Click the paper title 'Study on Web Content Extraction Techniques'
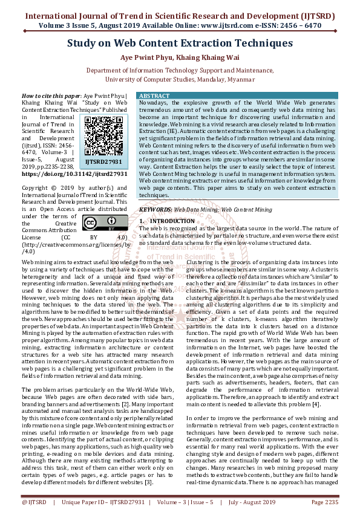(x=180, y=44)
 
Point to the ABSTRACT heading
(x=154, y=96)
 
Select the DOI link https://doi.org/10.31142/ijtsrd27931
(x=74, y=173)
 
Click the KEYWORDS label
(x=155, y=209)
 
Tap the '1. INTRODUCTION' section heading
(x=167, y=221)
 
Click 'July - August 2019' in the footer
(x=253, y=502)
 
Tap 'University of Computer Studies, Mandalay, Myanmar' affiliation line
(x=180, y=79)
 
